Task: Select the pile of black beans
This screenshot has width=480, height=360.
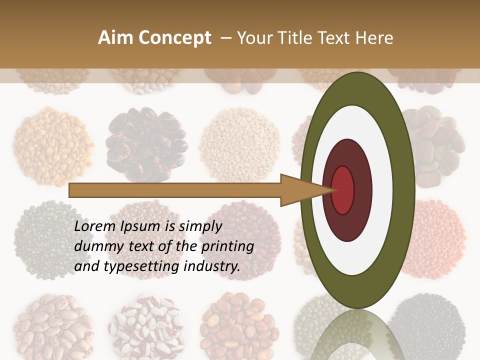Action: point(430,325)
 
